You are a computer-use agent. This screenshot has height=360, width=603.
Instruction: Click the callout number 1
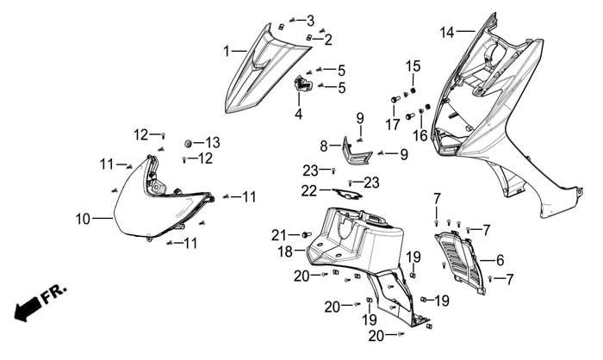click(x=228, y=52)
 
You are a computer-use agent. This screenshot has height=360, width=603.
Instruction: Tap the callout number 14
click(x=446, y=33)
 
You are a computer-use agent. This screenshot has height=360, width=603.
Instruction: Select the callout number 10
click(x=83, y=220)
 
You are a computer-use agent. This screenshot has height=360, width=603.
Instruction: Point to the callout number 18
click(x=285, y=252)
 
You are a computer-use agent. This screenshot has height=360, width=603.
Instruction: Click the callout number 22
click(x=309, y=190)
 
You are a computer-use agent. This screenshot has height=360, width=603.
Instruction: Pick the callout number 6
click(x=500, y=258)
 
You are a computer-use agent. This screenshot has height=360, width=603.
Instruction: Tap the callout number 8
click(x=324, y=146)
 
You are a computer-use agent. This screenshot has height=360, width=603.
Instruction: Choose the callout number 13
click(x=212, y=142)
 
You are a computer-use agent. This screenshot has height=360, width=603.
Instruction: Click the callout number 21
click(x=278, y=235)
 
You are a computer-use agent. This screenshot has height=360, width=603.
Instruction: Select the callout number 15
click(x=413, y=66)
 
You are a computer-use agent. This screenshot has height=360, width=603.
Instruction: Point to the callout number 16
click(x=420, y=135)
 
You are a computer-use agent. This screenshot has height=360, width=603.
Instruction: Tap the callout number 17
click(x=393, y=124)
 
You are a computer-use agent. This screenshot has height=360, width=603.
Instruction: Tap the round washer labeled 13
click(x=189, y=141)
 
